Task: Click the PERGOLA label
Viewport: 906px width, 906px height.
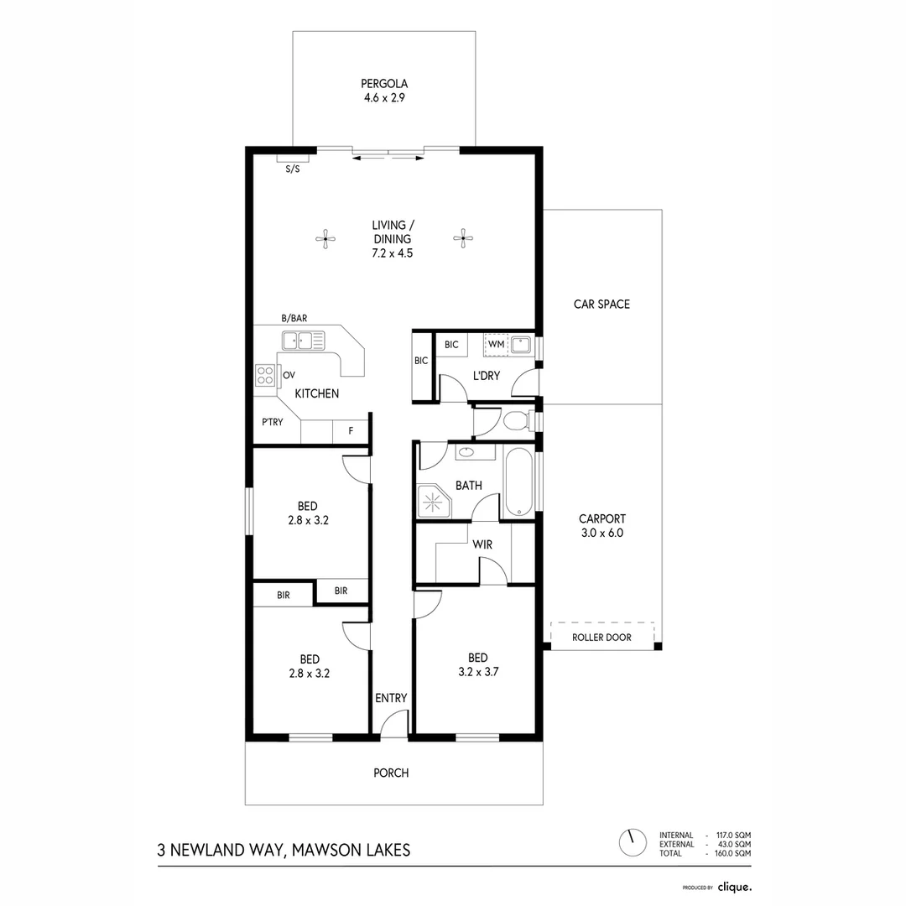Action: pos(384,84)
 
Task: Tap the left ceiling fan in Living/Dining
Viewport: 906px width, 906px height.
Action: pos(325,239)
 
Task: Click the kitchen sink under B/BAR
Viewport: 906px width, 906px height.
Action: pos(303,341)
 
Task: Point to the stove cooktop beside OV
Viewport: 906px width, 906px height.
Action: pos(266,375)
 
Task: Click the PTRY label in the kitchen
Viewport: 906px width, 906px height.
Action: pos(272,422)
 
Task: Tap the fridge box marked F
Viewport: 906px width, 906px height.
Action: pos(351,431)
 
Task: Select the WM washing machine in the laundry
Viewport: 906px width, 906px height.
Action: pos(496,344)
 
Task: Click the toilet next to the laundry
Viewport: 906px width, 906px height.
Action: pos(513,419)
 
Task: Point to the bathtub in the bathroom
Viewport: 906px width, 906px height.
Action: pos(518,483)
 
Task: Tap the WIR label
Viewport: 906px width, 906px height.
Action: pos(482,544)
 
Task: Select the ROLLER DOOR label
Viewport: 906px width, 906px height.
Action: pos(601,638)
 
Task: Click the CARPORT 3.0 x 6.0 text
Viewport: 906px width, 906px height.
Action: pos(601,526)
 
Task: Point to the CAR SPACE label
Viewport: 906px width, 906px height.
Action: pos(601,304)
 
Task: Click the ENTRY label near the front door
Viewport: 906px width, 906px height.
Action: pos(391,698)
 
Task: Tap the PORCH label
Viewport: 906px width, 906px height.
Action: pos(391,773)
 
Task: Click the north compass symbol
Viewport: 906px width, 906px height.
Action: pos(633,841)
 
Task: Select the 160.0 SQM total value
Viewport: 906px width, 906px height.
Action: pos(732,853)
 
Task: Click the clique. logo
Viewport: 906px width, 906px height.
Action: pos(734,886)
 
